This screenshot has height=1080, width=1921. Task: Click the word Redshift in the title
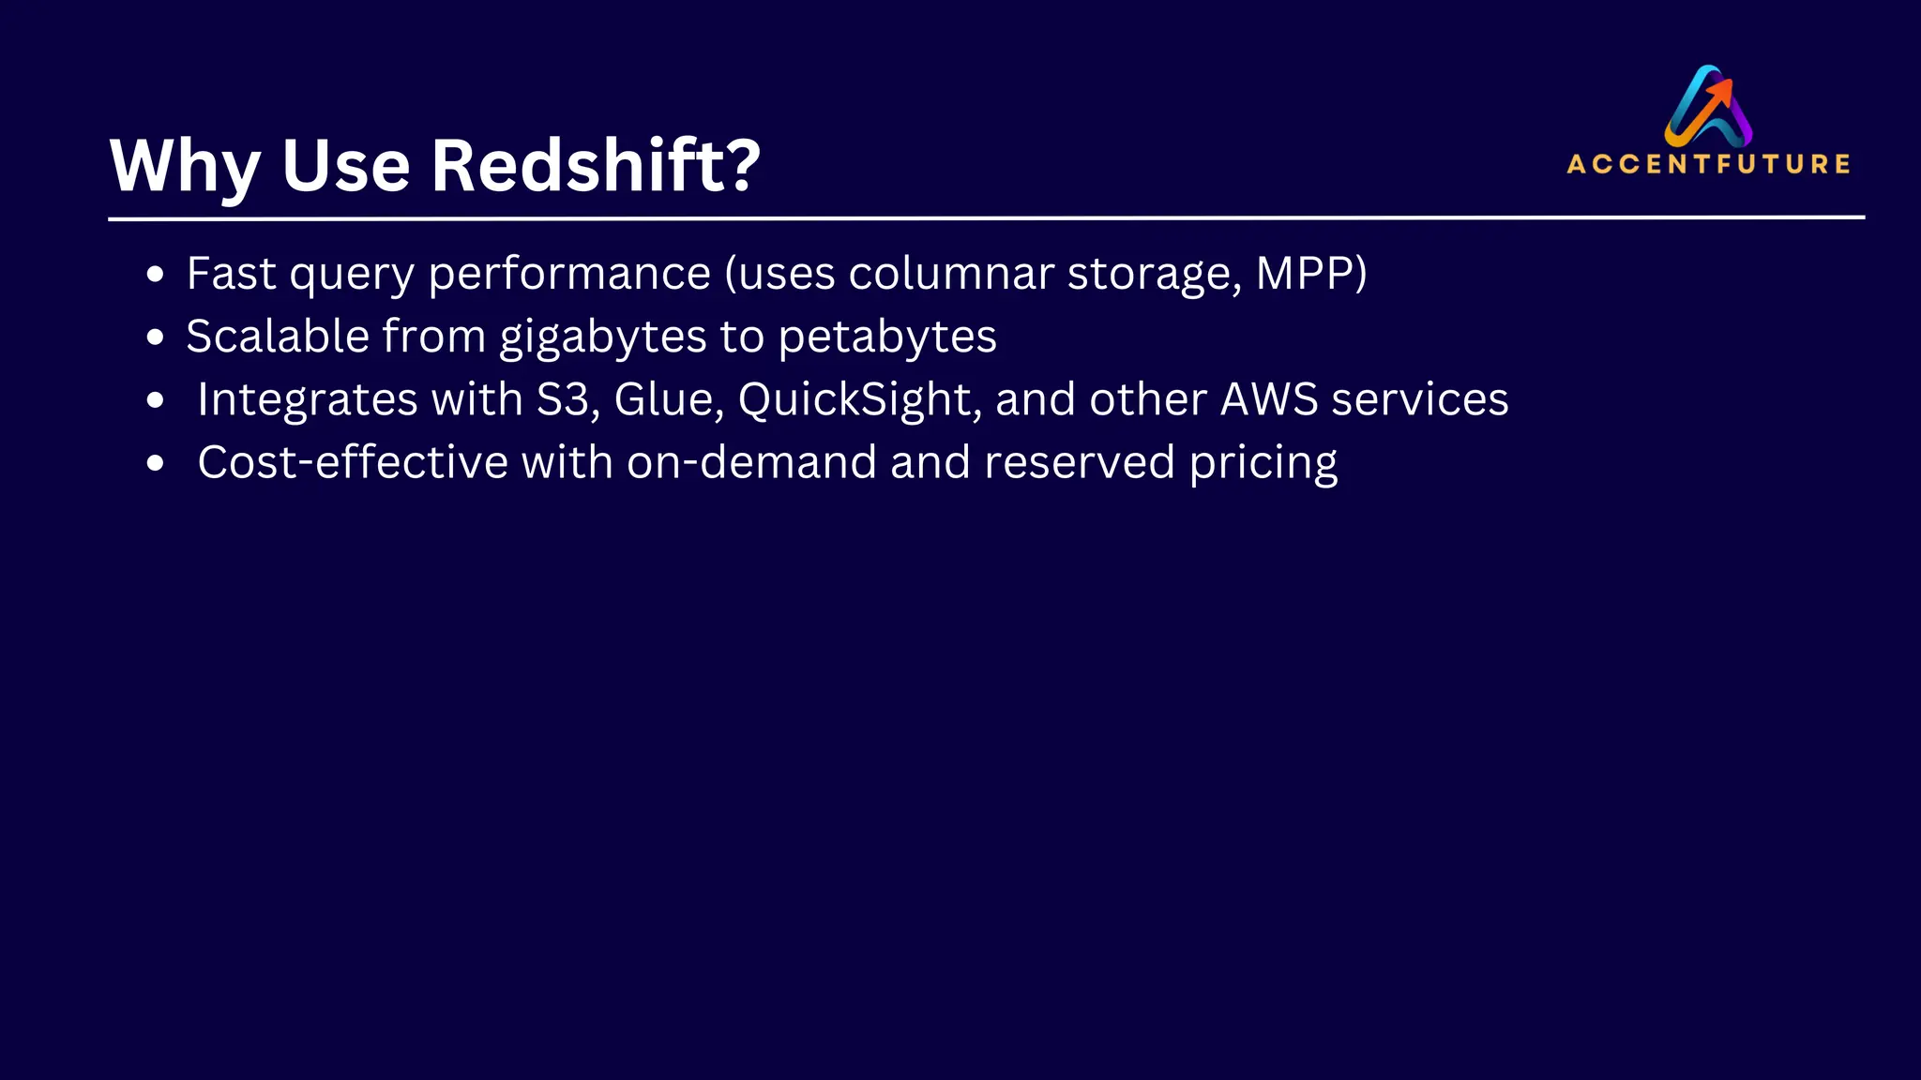(x=577, y=166)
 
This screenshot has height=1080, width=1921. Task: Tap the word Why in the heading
(x=184, y=166)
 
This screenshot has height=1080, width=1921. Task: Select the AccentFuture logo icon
(x=1708, y=105)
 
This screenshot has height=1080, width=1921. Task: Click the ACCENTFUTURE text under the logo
(x=1708, y=164)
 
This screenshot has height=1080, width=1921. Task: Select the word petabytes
(x=887, y=337)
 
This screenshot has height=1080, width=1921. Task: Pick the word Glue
(x=669, y=399)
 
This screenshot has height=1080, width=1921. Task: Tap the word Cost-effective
(x=353, y=462)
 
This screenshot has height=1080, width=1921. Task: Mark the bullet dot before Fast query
(x=156, y=275)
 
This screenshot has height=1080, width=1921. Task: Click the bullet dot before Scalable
(x=156, y=337)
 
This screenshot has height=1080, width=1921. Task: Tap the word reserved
(x=1079, y=462)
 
